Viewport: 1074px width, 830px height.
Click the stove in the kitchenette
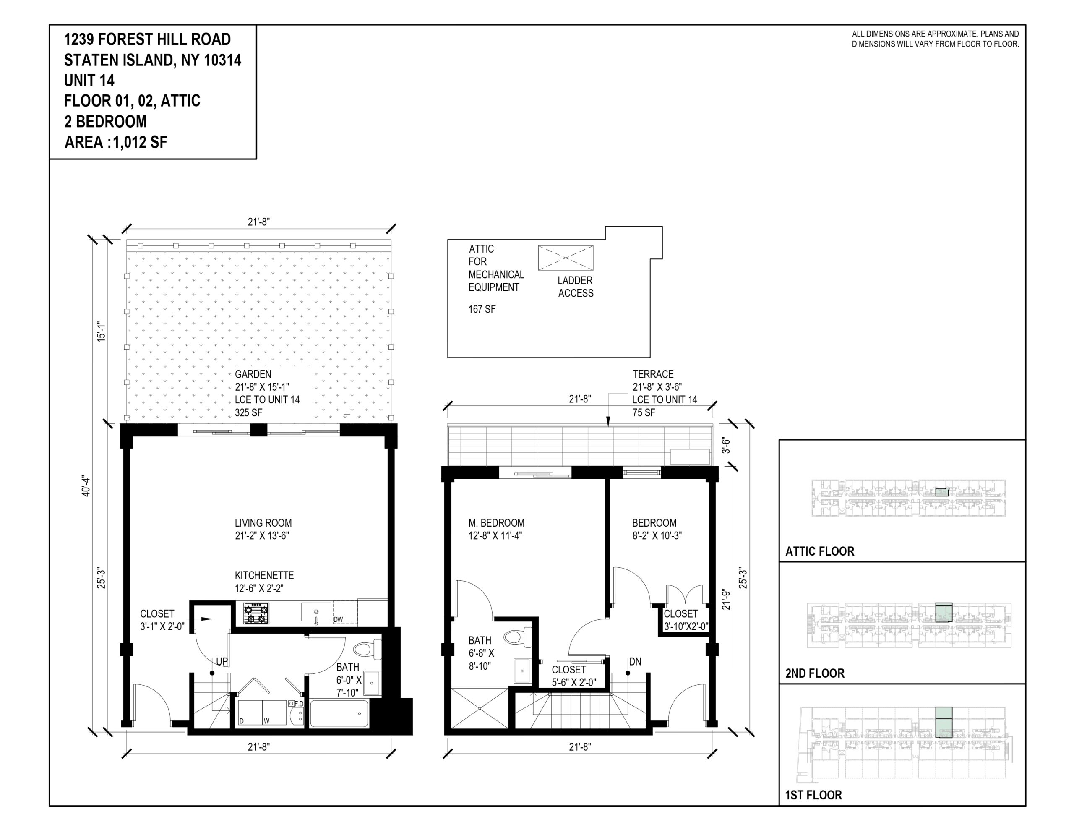[256, 613]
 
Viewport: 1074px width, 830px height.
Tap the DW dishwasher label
[338, 619]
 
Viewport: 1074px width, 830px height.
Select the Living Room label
[263, 523]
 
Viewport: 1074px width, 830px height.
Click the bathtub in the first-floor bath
[339, 713]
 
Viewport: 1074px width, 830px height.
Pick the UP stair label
[222, 662]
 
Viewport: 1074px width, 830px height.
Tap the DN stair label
[635, 662]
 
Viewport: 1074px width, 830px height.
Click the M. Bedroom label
[496, 523]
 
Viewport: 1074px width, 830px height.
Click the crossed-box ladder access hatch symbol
[566, 258]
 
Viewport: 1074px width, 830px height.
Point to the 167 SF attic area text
[482, 309]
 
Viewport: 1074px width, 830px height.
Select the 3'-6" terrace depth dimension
[726, 445]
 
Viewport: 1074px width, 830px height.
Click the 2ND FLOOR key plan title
[814, 673]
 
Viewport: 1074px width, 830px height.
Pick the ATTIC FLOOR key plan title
[820, 551]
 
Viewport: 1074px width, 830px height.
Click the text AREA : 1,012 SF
[116, 142]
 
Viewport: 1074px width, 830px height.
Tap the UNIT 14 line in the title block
[89, 80]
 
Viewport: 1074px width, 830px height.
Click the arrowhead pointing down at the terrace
[608, 422]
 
